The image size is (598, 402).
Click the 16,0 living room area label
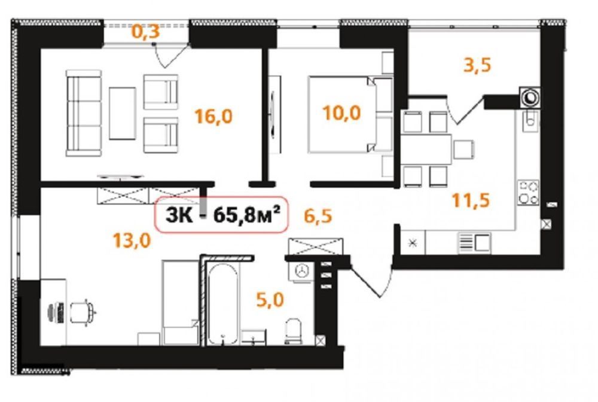pos(213,116)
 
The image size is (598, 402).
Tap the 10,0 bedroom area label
pos(341,113)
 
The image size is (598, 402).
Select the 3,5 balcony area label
pos(477,65)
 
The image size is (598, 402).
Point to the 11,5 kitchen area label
pos(471,200)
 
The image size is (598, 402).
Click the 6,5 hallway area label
pos(318,216)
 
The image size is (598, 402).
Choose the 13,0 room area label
pos(132,240)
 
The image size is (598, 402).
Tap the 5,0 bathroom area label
pos(270,300)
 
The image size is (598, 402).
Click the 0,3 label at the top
pos(145,31)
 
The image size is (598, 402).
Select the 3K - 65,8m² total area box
pos(221,214)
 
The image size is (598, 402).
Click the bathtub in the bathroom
pos(222,304)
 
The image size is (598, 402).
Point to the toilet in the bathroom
pos(293,331)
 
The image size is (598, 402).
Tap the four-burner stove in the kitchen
pos(528,192)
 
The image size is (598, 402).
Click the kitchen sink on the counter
pos(475,243)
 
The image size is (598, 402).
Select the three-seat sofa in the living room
pos(84,113)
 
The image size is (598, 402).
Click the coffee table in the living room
pos(123,113)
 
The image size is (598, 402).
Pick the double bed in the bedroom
pos(350,115)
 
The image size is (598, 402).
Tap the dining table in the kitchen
pos(426,149)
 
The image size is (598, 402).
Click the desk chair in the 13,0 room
pos(82,312)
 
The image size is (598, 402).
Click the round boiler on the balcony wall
pos(530,98)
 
